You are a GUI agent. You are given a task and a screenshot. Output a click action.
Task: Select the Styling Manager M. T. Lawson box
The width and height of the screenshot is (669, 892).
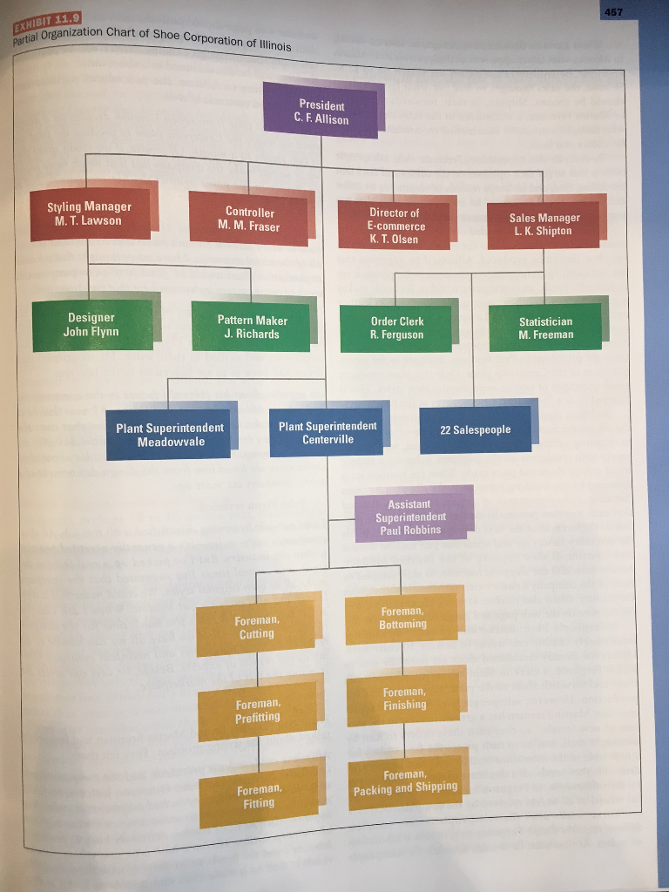tap(90, 213)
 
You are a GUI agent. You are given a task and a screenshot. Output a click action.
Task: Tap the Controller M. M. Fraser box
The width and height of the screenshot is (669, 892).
tap(249, 220)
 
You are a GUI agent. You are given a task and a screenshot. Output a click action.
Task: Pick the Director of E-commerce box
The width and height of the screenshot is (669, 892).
tap(394, 226)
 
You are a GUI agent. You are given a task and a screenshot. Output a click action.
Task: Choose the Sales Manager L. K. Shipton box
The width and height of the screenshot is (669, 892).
tap(544, 225)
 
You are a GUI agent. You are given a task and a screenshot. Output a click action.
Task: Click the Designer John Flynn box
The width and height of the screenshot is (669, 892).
tap(91, 325)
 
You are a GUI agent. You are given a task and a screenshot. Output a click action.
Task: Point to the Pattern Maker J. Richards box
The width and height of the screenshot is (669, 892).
tap(252, 328)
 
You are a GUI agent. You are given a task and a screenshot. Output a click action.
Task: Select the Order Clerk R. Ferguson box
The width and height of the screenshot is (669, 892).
tap(396, 328)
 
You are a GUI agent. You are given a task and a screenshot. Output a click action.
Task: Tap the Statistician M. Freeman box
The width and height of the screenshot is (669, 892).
tap(545, 328)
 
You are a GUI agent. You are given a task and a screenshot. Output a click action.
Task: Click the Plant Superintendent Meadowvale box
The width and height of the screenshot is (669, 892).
tap(170, 435)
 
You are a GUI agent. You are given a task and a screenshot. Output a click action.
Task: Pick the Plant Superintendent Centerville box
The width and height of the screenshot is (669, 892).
tap(328, 432)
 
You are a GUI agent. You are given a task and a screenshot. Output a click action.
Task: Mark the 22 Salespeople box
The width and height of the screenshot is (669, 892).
tap(476, 429)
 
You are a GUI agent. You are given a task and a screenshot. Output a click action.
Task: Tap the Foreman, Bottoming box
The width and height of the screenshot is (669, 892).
tap(402, 618)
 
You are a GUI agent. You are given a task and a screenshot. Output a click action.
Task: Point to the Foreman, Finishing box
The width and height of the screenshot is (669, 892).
tap(404, 699)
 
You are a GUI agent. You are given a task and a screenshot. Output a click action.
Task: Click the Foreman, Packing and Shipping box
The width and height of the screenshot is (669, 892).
tap(405, 781)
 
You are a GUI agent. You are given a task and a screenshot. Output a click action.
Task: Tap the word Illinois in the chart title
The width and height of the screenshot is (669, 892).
tap(270, 43)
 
